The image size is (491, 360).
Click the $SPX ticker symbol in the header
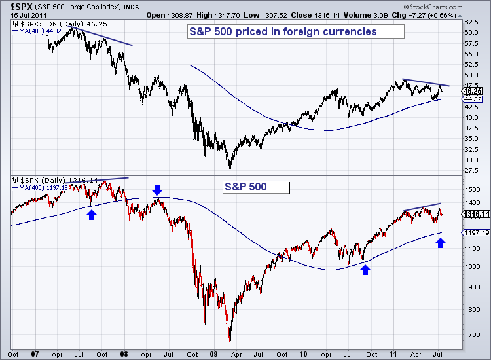pyautogui.click(x=19, y=6)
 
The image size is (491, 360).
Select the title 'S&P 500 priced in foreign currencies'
pyautogui.click(x=283, y=31)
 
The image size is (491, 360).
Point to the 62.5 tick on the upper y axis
pyautogui.click(x=470, y=31)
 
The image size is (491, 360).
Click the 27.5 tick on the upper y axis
pyautogui.click(x=470, y=170)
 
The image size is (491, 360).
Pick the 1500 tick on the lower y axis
pyautogui.click(x=471, y=189)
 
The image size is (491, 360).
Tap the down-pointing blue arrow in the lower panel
pyautogui.click(x=156, y=190)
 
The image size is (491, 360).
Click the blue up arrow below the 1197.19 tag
pyautogui.click(x=441, y=243)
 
